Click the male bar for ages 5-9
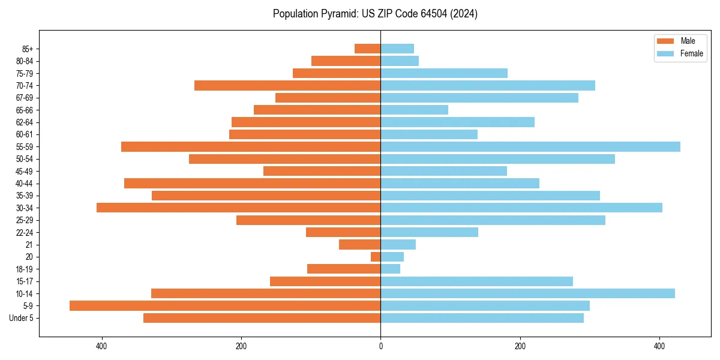coord(225,306)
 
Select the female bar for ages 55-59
coord(530,147)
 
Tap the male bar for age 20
coord(376,257)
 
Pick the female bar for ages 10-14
coord(527,293)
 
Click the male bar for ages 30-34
coord(238,208)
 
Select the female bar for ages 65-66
coord(414,110)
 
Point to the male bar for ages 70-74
coord(287,86)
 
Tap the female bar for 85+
coord(397,49)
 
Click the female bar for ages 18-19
coord(390,269)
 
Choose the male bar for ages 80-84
coord(346,61)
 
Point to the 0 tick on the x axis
coord(380,346)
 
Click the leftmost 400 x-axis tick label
coord(101,346)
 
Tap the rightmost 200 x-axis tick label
coord(520,346)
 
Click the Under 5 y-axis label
coord(21,318)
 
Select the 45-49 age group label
coord(25,172)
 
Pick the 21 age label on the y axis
coord(29,245)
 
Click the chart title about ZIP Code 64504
coord(375,14)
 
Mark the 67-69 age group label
coord(25,98)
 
